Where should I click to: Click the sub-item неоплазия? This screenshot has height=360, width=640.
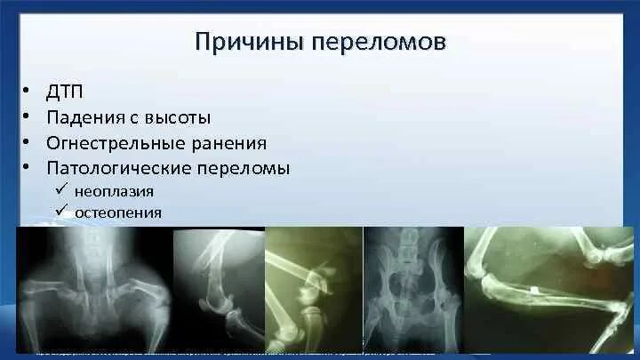pos(115,190)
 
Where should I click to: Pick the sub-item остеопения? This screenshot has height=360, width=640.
pos(118,212)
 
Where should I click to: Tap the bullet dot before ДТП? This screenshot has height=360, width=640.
pos(28,92)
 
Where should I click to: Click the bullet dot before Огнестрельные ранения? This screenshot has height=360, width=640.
pos(28,142)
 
